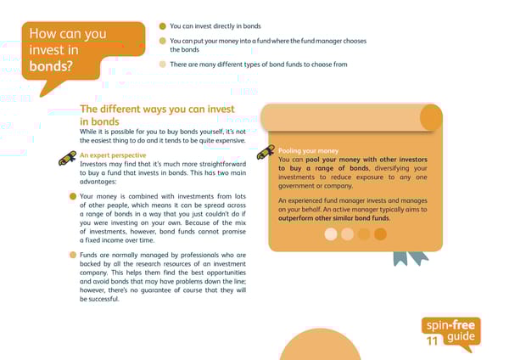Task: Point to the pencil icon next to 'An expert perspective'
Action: click(67, 159)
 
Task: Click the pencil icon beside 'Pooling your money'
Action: click(266, 152)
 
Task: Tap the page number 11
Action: click(433, 341)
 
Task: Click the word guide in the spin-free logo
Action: click(461, 337)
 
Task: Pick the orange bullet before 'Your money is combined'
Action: click(73, 196)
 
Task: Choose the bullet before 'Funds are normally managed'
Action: click(73, 256)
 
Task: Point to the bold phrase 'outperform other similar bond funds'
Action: click(336, 218)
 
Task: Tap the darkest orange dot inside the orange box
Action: click(380, 234)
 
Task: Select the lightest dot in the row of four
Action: click(331, 234)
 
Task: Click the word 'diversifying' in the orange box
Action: click(397, 168)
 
